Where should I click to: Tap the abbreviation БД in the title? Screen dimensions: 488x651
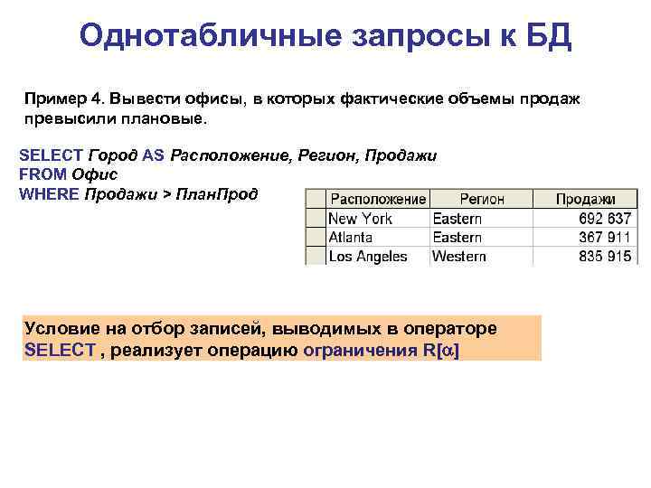coord(547,36)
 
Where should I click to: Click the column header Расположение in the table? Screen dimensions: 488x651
coord(377,199)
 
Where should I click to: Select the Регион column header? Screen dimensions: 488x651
coord(481,199)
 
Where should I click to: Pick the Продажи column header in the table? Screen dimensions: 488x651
coord(585,199)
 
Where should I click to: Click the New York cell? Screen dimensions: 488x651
coord(360,218)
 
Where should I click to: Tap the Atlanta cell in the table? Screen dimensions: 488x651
coord(350,237)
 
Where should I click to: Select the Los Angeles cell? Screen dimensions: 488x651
coord(367,256)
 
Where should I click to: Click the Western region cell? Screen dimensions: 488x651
coord(459,256)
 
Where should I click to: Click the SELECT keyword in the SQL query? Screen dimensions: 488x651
coord(51,155)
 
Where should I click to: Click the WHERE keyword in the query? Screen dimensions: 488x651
coord(49,192)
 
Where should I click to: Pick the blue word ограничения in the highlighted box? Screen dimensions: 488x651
coord(361,350)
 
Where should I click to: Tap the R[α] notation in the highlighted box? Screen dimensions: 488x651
coord(440,350)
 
